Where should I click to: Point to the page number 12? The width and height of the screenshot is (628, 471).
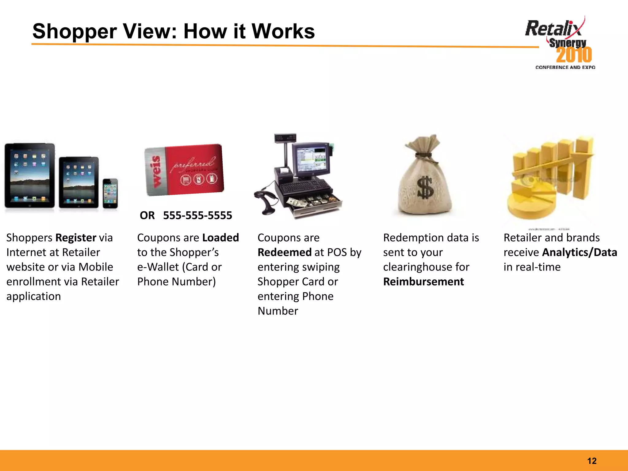click(x=592, y=461)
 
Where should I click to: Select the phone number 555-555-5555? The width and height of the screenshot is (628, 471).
click(x=197, y=216)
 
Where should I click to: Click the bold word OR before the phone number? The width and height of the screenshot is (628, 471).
click(x=147, y=216)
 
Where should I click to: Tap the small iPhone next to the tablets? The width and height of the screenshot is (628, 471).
click(x=110, y=193)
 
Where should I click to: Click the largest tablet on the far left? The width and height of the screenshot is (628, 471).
click(x=30, y=175)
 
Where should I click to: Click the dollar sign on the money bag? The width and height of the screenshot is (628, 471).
click(x=425, y=188)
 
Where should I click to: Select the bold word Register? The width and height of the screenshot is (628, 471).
click(x=76, y=238)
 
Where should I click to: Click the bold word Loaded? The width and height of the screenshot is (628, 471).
click(x=220, y=238)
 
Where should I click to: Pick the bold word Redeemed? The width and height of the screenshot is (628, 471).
click(x=284, y=253)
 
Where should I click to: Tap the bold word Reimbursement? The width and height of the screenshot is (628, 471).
click(x=423, y=282)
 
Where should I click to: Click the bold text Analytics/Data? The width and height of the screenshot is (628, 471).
click(x=579, y=253)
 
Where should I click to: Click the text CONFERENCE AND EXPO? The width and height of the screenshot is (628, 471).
click(x=565, y=67)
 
